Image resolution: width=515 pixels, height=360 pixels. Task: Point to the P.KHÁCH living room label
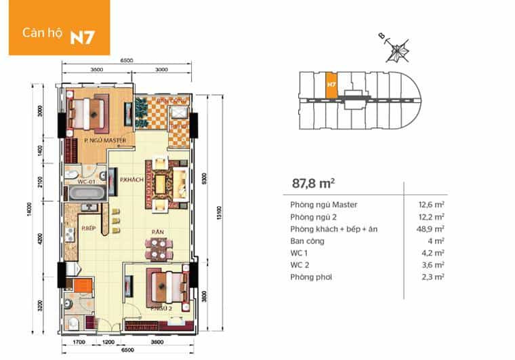(129, 180)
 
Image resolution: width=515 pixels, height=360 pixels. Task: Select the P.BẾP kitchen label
(88, 228)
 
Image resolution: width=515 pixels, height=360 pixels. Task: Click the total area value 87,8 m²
(314, 182)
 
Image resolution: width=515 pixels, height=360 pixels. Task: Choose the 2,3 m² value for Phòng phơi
(433, 277)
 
